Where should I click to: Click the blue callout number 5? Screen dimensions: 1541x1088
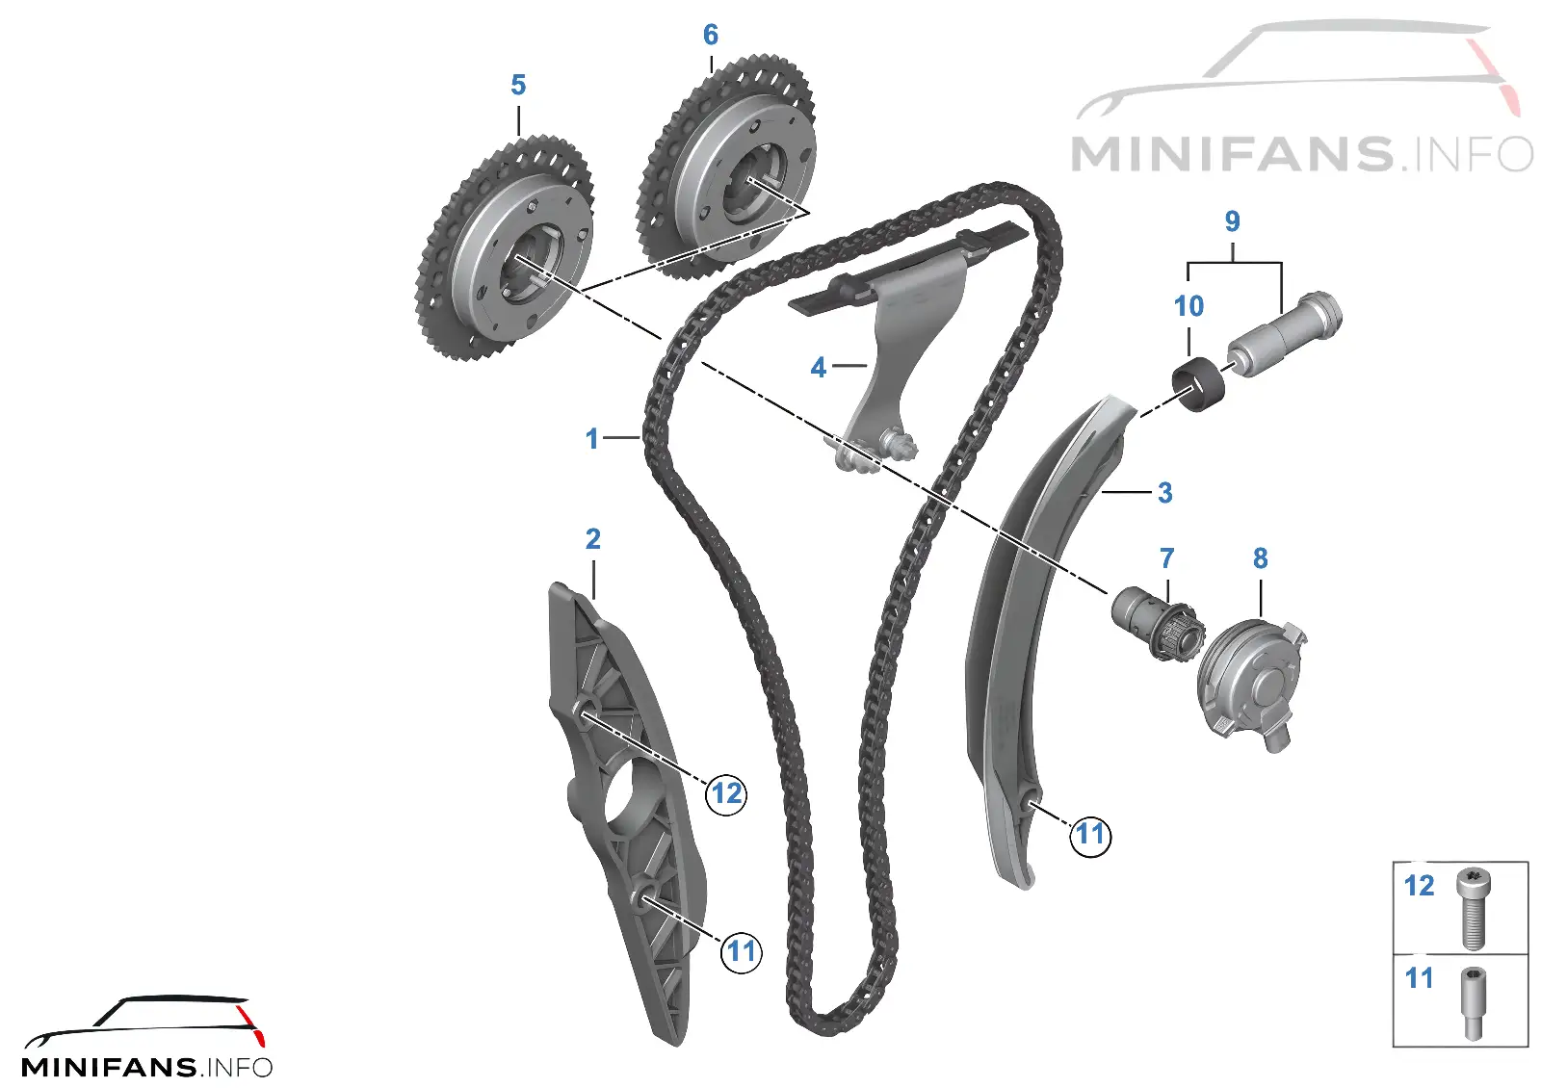(x=518, y=86)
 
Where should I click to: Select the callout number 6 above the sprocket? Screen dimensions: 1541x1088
(x=711, y=35)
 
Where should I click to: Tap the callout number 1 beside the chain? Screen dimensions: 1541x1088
(x=591, y=439)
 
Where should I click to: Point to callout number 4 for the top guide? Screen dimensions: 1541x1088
(x=818, y=368)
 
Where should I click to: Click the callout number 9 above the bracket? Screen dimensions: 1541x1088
(x=1232, y=221)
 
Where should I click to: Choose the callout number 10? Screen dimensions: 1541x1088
(x=1188, y=307)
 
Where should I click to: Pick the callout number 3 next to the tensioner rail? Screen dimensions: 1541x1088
(x=1164, y=493)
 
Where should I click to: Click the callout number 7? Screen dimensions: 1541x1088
(x=1166, y=558)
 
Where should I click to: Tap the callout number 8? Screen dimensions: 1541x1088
(x=1261, y=558)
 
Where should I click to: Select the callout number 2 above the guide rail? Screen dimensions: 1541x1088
(x=593, y=539)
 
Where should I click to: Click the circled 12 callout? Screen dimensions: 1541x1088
(x=726, y=793)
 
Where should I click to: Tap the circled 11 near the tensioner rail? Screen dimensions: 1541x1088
(x=1090, y=835)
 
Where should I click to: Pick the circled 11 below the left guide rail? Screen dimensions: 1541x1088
(x=741, y=952)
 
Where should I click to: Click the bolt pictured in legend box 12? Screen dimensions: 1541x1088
(x=1472, y=908)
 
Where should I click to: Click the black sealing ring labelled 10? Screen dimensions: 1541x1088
(x=1198, y=384)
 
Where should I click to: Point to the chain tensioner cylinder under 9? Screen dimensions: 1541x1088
(x=1284, y=335)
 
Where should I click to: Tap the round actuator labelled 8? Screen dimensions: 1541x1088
(x=1250, y=685)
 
